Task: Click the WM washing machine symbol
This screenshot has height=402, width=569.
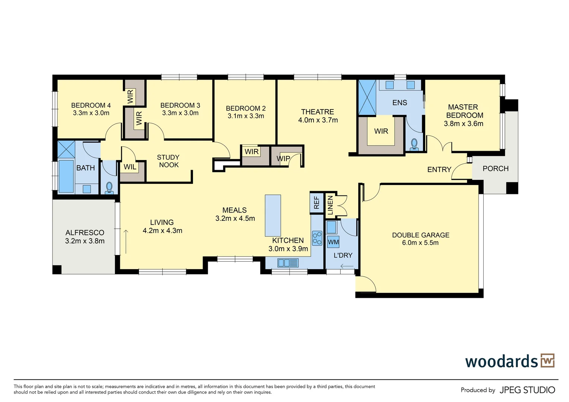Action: click(x=333, y=242)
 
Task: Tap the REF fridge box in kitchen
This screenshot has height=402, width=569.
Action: click(x=317, y=202)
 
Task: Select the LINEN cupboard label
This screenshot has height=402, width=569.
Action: click(x=330, y=205)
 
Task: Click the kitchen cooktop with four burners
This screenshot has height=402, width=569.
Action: click(x=317, y=238)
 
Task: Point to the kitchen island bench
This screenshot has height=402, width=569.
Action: click(x=273, y=216)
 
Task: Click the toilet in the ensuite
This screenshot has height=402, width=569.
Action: click(x=414, y=145)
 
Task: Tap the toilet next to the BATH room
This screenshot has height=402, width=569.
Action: click(x=109, y=188)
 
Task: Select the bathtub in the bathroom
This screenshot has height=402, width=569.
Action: click(x=66, y=176)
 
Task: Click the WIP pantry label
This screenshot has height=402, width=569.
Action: click(x=283, y=159)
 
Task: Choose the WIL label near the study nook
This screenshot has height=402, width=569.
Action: click(x=130, y=167)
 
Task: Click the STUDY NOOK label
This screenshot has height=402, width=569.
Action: click(x=168, y=161)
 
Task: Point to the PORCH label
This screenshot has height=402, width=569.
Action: click(x=495, y=169)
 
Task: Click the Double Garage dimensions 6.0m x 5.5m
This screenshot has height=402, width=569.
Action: click(x=420, y=243)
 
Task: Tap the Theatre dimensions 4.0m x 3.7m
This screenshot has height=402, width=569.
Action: click(x=318, y=120)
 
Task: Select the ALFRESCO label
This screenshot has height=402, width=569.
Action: click(x=85, y=233)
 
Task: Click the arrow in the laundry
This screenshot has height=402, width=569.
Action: click(x=347, y=266)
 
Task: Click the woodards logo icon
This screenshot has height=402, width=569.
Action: click(x=547, y=360)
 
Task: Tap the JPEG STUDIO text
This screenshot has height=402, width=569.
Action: click(x=527, y=390)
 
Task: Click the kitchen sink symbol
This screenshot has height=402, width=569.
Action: click(x=288, y=263)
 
